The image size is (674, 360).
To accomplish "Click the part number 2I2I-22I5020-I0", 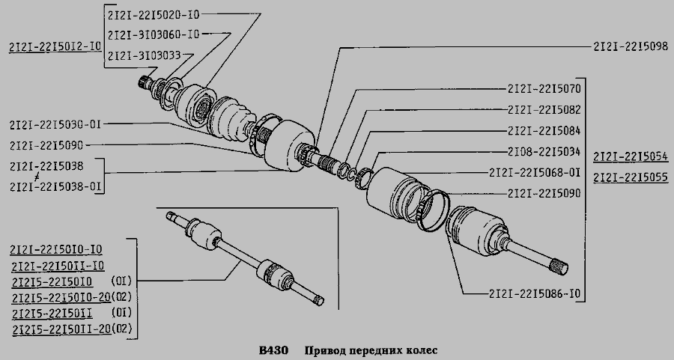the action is pos(154,14).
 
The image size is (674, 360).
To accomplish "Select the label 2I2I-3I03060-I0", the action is pos(154,34).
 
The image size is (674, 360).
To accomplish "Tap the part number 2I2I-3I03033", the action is pos(144,55).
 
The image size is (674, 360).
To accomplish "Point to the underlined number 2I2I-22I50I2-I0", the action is pos(55,46).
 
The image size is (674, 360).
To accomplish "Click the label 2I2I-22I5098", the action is pos(631,46).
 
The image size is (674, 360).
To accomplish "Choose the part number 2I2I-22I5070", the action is pos(544,89).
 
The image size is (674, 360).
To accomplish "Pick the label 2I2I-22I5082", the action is pos(544,110).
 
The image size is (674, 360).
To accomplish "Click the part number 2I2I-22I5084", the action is pos(544,130).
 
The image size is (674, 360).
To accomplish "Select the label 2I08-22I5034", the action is pos(544,152).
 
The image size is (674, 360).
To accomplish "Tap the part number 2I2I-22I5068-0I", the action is pos(535,173).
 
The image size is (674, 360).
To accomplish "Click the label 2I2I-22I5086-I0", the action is pos(535,294).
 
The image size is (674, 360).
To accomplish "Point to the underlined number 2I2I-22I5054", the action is pos(631,157).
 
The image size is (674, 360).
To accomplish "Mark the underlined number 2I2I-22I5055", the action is pos(631,178).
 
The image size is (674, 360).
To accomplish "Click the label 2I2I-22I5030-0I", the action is pos(55,125).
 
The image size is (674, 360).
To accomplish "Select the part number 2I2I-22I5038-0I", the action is pos(55,187).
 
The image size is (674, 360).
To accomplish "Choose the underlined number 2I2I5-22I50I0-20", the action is pos(61,297).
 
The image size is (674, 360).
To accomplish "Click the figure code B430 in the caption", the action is pos(273,350).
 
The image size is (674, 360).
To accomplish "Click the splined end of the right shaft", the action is pos(559,266).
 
